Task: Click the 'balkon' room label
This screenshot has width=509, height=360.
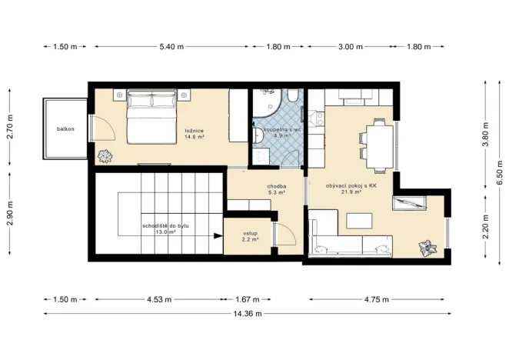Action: pyautogui.click(x=65, y=128)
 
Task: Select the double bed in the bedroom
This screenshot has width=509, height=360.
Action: pyautogui.click(x=146, y=116)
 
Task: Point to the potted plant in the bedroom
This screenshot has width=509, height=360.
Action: pyautogui.click(x=105, y=155)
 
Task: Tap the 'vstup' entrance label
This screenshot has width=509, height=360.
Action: pyautogui.click(x=250, y=233)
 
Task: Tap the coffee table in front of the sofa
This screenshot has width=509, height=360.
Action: pyautogui.click(x=359, y=220)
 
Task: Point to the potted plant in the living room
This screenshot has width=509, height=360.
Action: pyautogui.click(x=424, y=248)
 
